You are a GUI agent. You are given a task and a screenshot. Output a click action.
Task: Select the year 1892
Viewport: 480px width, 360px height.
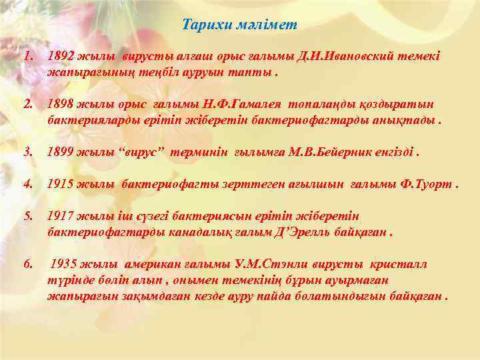(x=61, y=57)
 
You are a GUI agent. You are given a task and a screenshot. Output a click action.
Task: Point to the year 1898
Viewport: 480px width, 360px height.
(x=61, y=105)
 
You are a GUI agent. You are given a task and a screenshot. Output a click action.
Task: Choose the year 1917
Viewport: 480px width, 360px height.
(x=61, y=217)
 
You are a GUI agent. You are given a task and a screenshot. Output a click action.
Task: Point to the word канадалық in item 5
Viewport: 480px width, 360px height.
(x=188, y=233)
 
